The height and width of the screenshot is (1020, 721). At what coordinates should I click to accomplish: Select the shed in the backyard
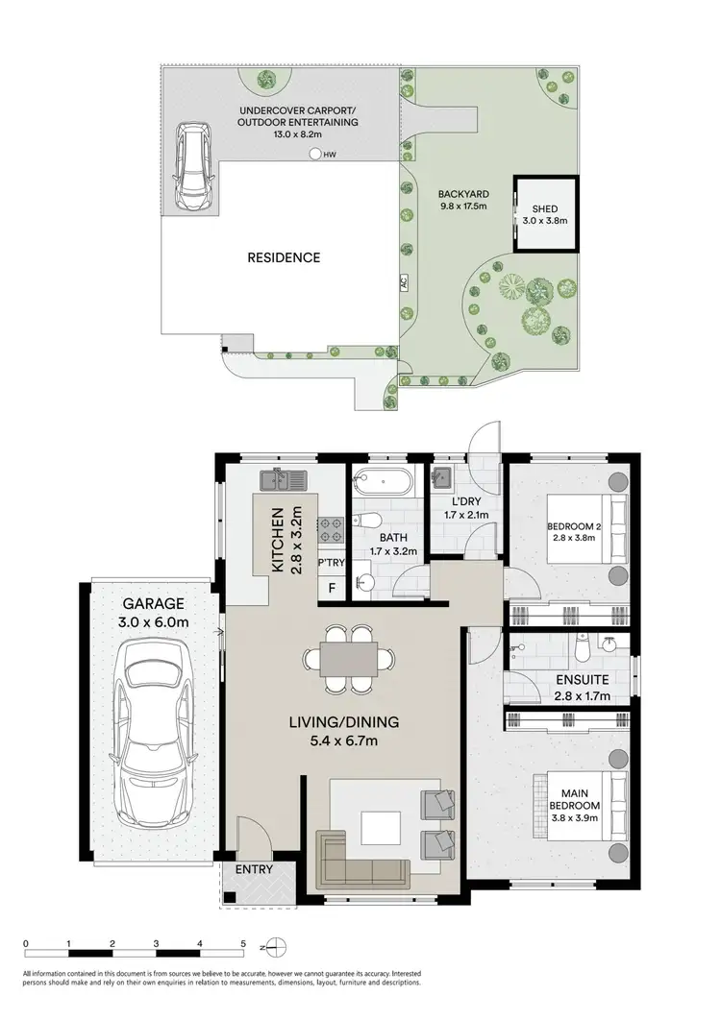(x=545, y=213)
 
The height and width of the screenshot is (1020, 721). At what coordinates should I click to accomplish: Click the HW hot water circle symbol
(x=315, y=154)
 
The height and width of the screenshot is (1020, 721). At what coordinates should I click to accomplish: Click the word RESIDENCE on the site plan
(x=284, y=257)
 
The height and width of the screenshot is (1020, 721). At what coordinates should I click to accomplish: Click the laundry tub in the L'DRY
(x=443, y=477)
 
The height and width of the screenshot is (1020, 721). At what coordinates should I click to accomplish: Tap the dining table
(x=347, y=660)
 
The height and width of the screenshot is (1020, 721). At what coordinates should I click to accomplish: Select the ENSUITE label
(x=583, y=681)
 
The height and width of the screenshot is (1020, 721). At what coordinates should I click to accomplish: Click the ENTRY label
(x=252, y=870)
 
